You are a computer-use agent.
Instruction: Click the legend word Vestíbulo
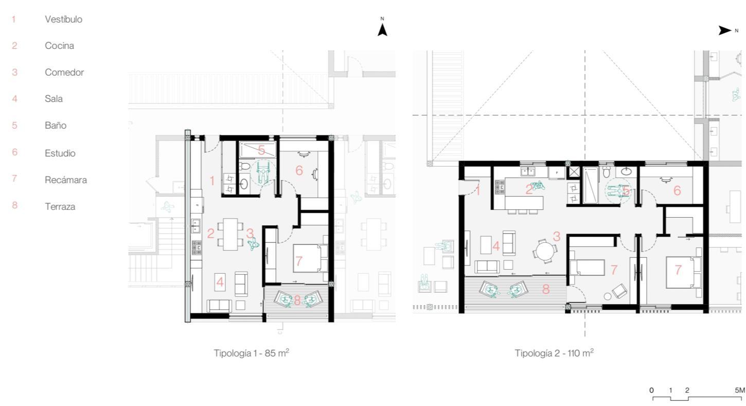click(x=64, y=20)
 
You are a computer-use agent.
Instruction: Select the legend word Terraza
click(x=60, y=206)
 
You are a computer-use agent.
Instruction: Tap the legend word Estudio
click(x=60, y=153)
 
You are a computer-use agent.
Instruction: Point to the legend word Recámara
click(x=66, y=180)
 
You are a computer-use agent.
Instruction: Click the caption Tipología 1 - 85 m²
click(x=252, y=352)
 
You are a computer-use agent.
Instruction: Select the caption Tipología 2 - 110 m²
click(x=554, y=352)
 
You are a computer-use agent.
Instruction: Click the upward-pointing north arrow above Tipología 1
click(x=382, y=30)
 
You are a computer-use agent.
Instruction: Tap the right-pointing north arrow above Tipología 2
click(x=725, y=31)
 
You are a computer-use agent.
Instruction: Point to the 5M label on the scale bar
click(x=740, y=390)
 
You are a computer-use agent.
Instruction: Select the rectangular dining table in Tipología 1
click(x=230, y=234)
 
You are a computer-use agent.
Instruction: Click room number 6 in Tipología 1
click(x=299, y=170)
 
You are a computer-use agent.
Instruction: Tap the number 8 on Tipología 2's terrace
click(x=545, y=289)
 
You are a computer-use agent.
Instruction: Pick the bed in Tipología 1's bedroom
click(x=310, y=259)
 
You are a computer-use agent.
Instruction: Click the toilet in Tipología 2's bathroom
click(x=607, y=171)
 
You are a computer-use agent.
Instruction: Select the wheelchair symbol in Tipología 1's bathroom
click(x=263, y=171)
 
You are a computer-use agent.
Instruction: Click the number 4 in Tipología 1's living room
click(x=220, y=283)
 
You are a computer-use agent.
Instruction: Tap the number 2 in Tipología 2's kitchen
click(x=529, y=189)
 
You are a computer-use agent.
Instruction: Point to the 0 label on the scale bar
click(x=651, y=390)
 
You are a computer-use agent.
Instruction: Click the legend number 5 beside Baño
click(x=14, y=126)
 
